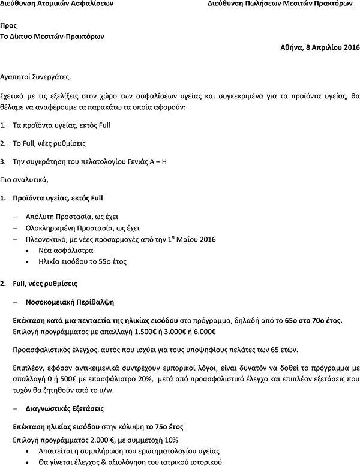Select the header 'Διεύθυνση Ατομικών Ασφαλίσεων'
[47, 4]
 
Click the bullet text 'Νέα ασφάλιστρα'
[65, 251]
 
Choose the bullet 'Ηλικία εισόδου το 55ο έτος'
[82, 263]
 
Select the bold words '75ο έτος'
[170, 427]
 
